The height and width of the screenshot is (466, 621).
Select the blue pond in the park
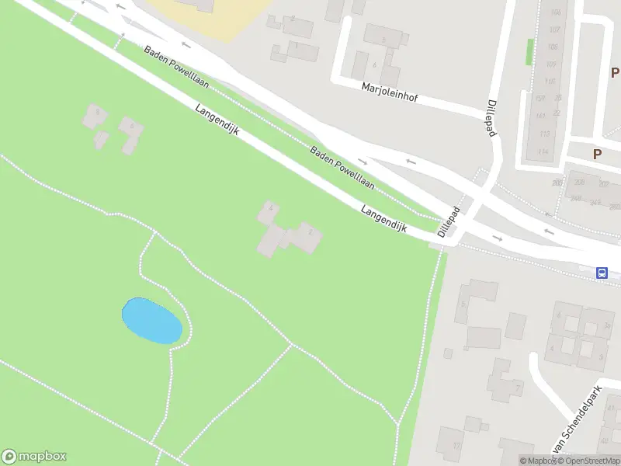(152, 320)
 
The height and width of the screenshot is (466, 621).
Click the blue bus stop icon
(602, 273)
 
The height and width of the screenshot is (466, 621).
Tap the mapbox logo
(34, 457)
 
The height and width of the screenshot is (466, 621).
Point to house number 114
(543, 151)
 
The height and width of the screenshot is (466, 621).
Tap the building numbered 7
(518, 387)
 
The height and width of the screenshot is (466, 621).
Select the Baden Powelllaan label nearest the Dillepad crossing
(342, 168)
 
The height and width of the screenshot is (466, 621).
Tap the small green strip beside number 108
(530, 52)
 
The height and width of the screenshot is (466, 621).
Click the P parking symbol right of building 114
(597, 154)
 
